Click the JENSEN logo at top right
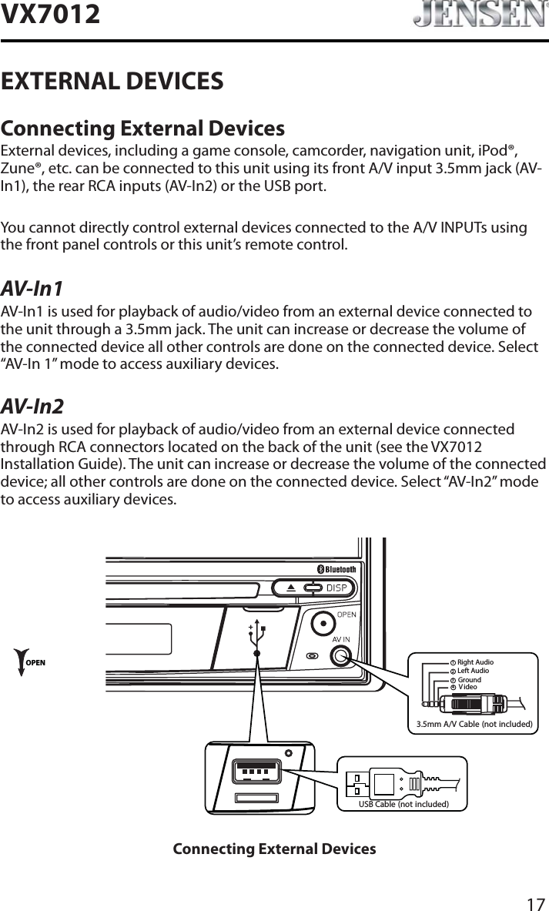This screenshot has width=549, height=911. click(479, 15)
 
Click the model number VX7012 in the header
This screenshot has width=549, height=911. click(51, 13)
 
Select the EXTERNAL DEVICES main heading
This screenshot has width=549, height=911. click(112, 80)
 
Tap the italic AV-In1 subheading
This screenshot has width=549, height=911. click(32, 290)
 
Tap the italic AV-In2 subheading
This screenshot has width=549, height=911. click(32, 407)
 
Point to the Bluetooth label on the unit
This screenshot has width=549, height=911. click(336, 569)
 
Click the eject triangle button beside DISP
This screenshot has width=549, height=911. click(290, 588)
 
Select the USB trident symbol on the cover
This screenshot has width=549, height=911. click(256, 634)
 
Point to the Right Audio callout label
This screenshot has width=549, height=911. click(474, 662)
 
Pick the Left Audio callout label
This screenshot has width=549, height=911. click(473, 671)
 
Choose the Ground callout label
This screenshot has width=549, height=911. click(469, 680)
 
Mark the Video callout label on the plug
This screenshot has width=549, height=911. click(467, 687)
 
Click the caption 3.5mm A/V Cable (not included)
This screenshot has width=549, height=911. click(474, 723)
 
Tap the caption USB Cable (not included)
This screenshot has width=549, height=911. click(403, 804)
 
